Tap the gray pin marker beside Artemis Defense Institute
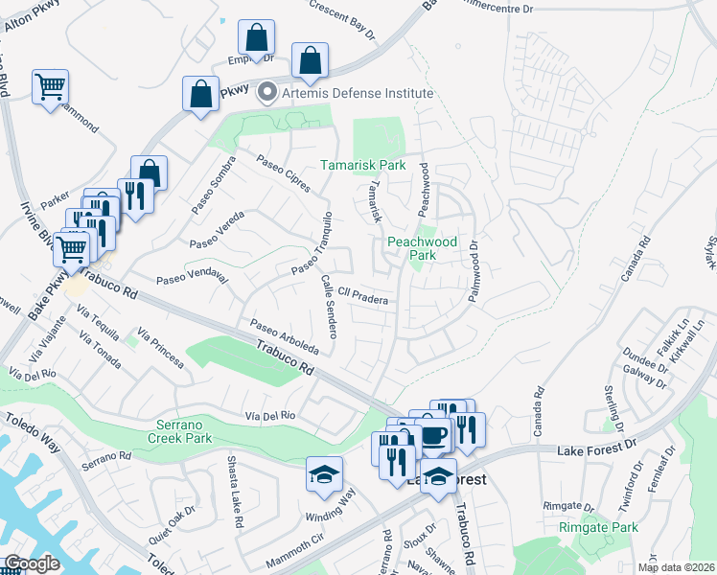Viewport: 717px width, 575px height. point(266,94)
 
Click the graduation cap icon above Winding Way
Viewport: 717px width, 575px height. point(324,473)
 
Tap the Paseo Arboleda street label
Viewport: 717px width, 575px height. point(284,335)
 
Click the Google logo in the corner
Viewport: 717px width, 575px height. point(32,563)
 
